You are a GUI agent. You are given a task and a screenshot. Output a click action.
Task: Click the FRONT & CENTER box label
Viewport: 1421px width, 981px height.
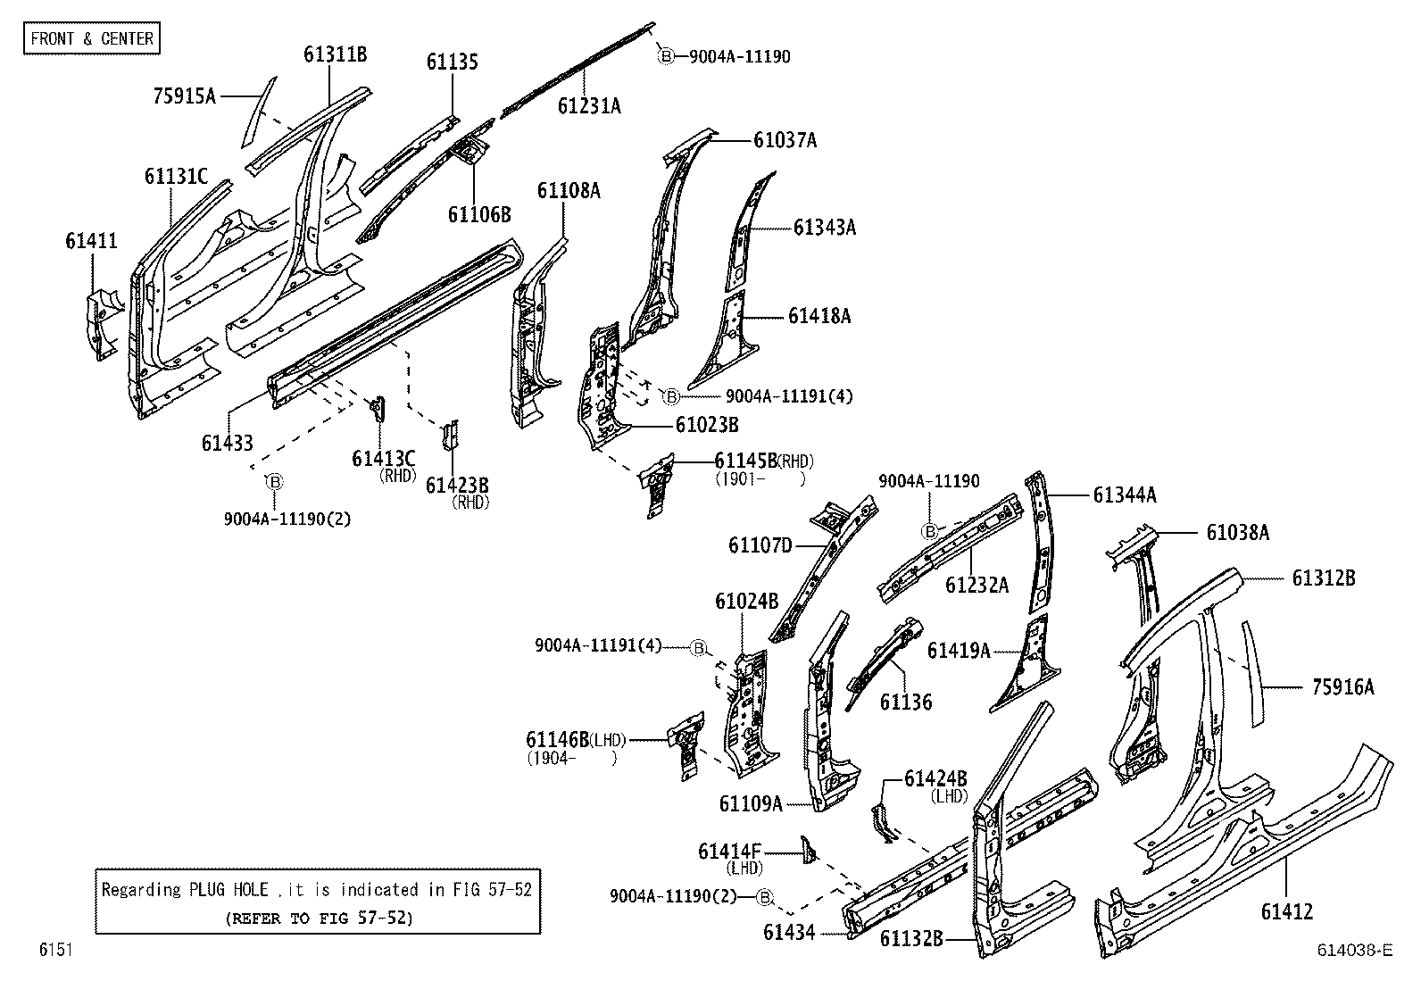click(92, 38)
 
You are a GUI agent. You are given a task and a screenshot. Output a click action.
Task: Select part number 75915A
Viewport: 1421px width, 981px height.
click(184, 96)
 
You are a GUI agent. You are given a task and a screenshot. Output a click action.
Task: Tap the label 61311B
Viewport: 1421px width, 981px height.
click(335, 54)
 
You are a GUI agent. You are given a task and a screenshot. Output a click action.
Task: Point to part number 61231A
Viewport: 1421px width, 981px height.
click(588, 106)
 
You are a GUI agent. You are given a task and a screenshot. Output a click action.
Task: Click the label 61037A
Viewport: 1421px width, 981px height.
click(785, 140)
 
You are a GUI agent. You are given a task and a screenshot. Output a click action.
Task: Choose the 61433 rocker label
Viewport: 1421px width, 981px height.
click(227, 442)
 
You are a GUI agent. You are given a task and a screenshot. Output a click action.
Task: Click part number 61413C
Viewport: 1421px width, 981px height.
click(384, 458)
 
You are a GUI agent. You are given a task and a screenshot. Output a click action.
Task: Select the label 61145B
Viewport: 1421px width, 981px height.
click(745, 461)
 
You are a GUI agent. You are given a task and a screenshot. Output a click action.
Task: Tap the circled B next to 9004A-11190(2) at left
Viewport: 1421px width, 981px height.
click(275, 482)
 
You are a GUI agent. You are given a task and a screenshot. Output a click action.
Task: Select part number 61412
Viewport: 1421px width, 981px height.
click(1286, 911)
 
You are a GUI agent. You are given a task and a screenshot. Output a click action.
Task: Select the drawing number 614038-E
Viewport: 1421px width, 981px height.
click(1354, 950)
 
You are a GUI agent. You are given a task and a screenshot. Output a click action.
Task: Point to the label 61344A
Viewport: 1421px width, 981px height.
click(1124, 495)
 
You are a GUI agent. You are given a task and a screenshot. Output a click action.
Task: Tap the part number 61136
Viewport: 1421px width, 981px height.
click(905, 702)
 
